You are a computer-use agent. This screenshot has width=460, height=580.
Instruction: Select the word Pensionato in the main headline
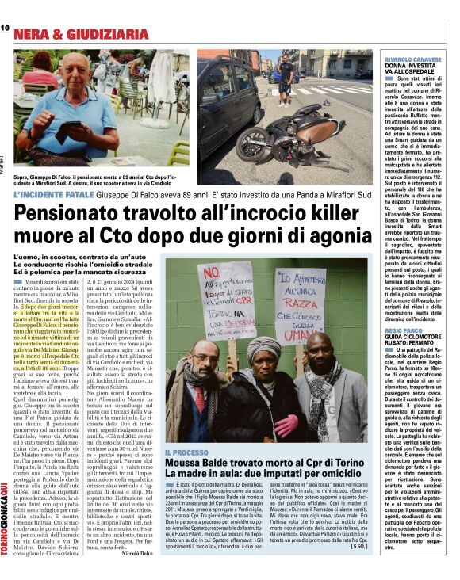[72, 216]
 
